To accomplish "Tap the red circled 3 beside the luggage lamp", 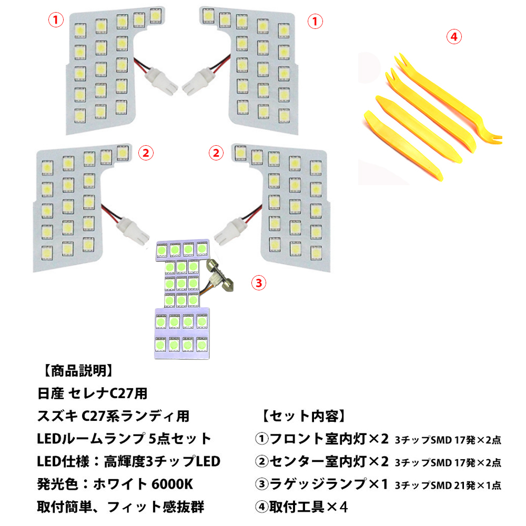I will point(258,283).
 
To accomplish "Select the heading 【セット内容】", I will point(304,416).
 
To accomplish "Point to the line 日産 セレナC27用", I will point(92,393).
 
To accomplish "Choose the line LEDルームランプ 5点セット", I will point(124,439).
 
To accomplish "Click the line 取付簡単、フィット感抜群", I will point(120,507).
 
